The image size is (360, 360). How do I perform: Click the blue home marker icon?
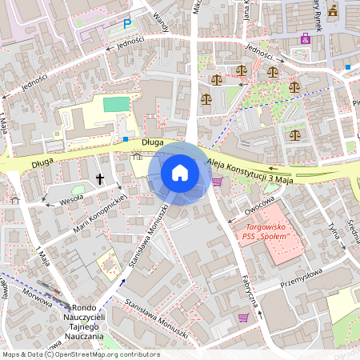click(x=180, y=172)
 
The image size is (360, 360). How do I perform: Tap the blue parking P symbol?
click(x=126, y=24)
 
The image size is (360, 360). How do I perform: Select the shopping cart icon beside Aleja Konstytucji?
click(x=218, y=182)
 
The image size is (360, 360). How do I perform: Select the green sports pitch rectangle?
click(x=115, y=104)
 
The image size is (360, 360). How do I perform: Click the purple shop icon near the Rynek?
click(x=304, y=38)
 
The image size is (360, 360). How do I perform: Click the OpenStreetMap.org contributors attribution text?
click(x=104, y=354)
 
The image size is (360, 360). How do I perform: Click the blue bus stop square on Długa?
click(x=126, y=138)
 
